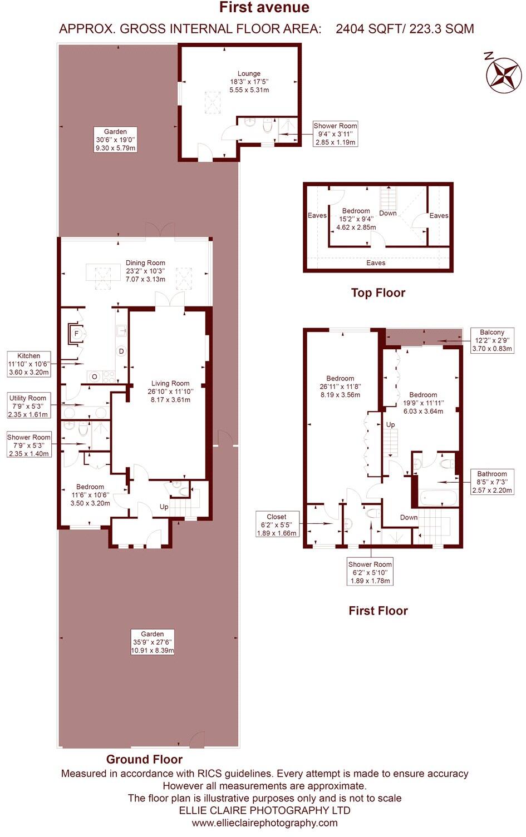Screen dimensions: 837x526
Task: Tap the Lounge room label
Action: point(249,81)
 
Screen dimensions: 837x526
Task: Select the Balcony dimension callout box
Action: point(491,341)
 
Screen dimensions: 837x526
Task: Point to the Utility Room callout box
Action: point(28,406)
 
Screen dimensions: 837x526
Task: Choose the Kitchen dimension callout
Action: point(28,364)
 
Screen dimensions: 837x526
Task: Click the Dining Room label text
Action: point(145,271)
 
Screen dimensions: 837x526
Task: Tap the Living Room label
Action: point(170,391)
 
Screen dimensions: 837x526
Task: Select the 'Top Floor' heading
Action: point(378,293)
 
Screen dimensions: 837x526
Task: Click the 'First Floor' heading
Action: point(378,611)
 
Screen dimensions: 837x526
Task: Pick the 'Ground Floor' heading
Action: point(144,759)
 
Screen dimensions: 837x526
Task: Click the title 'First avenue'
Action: point(264,8)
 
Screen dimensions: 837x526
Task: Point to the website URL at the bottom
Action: point(264,823)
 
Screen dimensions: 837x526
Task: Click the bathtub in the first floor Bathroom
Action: point(438,498)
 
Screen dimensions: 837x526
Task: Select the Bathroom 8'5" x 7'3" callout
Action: point(491,482)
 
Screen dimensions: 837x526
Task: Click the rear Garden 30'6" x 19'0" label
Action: point(115,140)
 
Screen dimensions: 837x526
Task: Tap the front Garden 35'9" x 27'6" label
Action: point(152,642)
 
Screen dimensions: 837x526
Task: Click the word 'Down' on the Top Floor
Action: point(388,213)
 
